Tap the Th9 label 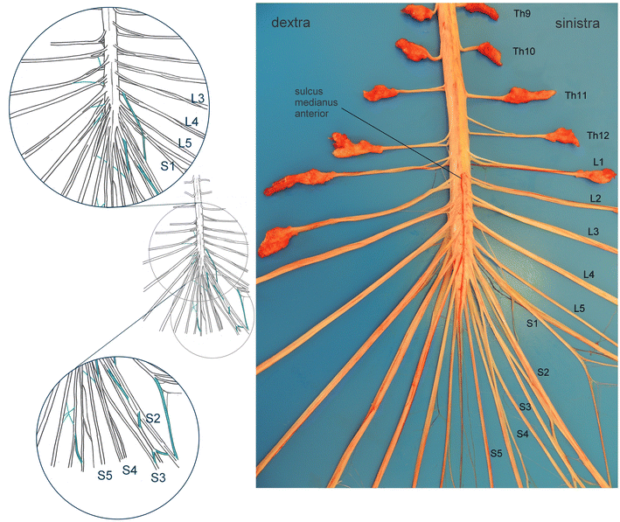click(x=522, y=14)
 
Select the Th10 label click(x=525, y=52)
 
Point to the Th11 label click(x=575, y=94)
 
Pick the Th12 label click(x=597, y=136)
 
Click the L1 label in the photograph click(x=598, y=162)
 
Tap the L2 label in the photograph click(x=596, y=199)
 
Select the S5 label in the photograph click(x=496, y=453)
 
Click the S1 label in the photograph click(x=531, y=324)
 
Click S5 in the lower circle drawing click(x=105, y=475)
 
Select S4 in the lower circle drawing click(x=129, y=470)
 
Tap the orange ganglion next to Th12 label click(x=563, y=136)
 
